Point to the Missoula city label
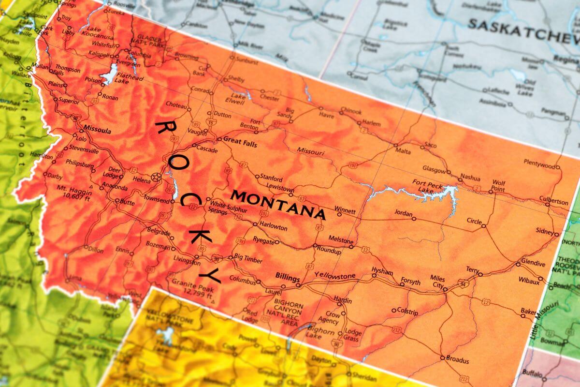tap(97, 131)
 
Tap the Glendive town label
tap(533, 264)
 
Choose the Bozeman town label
tap(158, 246)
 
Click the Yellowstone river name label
tap(334, 276)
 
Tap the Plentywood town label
tap(539, 165)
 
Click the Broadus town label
tap(457, 360)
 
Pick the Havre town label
tap(326, 115)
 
